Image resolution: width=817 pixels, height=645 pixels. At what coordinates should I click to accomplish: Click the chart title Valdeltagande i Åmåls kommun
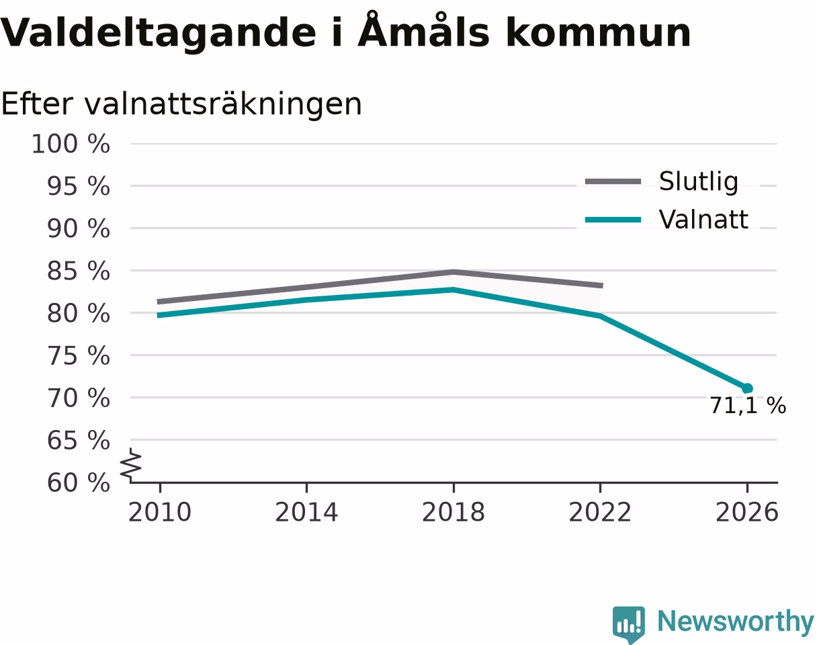point(345,32)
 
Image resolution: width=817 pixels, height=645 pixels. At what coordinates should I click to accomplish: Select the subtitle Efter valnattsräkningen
point(181,104)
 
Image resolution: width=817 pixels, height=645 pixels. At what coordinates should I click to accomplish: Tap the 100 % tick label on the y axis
point(71,144)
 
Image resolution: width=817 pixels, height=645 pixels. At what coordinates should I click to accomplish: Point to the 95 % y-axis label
point(78,186)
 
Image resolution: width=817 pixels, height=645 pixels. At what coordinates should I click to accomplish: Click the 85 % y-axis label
point(78,271)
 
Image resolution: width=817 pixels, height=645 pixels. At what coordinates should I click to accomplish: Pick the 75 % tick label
point(78,355)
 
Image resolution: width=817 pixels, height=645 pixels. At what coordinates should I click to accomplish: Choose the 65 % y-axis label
point(78,440)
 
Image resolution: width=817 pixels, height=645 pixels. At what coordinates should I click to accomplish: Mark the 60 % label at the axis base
point(78,482)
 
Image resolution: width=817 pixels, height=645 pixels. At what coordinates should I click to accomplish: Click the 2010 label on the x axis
point(160,512)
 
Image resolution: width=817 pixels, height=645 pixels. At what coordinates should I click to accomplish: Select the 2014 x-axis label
point(306,512)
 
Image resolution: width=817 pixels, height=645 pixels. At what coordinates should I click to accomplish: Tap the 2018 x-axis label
point(454,512)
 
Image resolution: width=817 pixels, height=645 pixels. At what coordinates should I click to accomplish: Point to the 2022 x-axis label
point(600,512)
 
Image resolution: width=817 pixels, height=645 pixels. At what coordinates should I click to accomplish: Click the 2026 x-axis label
point(746,512)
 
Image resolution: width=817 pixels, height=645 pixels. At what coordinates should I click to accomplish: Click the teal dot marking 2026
point(747,388)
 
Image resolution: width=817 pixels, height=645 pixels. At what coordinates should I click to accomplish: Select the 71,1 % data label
point(748,405)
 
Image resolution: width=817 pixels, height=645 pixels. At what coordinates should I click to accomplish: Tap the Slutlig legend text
point(699,182)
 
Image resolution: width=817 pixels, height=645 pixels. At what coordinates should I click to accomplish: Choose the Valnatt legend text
point(703,220)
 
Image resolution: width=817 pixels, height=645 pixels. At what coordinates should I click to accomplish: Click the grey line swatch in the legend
point(613,181)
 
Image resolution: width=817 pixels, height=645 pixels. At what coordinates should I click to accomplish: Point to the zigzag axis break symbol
point(130,465)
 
